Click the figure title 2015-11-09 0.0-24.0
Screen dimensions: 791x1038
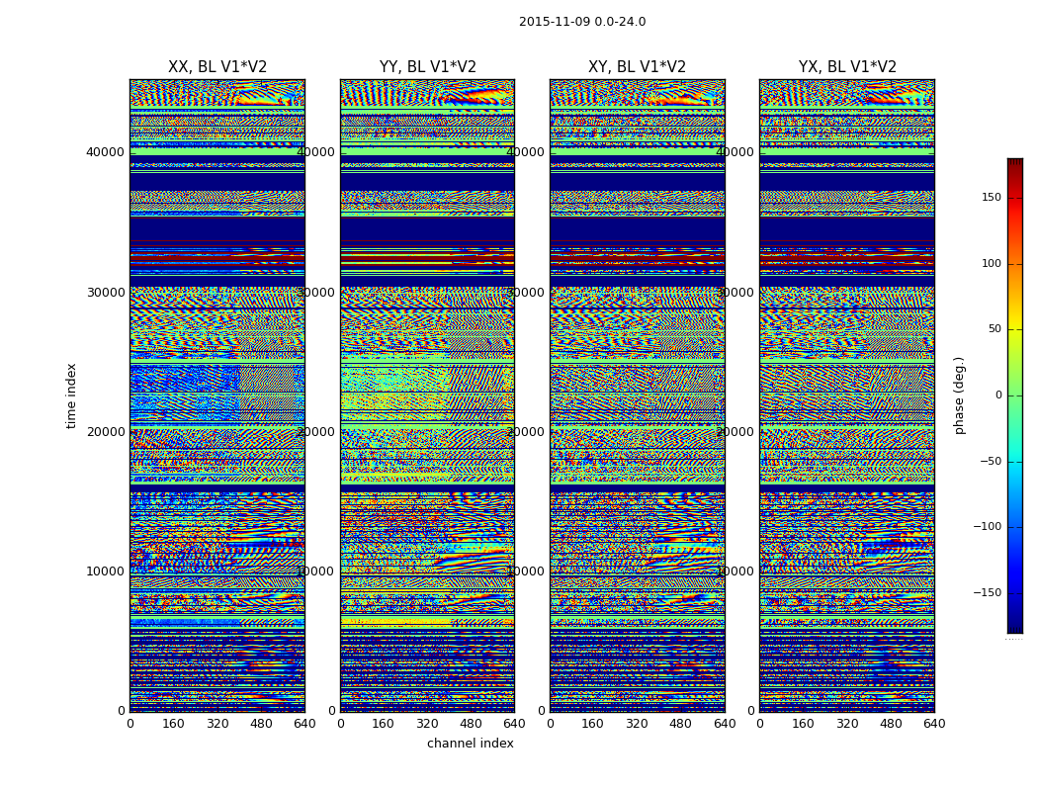(x=582, y=22)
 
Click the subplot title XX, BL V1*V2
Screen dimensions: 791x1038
(x=217, y=67)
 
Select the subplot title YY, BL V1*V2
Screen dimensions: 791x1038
(x=427, y=67)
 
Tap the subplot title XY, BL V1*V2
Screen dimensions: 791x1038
(x=637, y=67)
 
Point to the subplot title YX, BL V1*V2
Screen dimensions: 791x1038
(x=847, y=67)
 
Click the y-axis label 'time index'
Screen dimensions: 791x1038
(x=71, y=395)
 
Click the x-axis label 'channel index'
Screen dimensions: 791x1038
(x=471, y=744)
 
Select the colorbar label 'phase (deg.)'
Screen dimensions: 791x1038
(x=959, y=395)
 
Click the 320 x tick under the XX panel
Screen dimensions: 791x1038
(x=217, y=724)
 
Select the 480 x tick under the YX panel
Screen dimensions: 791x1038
(x=891, y=724)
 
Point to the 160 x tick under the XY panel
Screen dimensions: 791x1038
(x=593, y=724)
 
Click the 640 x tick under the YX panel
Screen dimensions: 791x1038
(x=934, y=724)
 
